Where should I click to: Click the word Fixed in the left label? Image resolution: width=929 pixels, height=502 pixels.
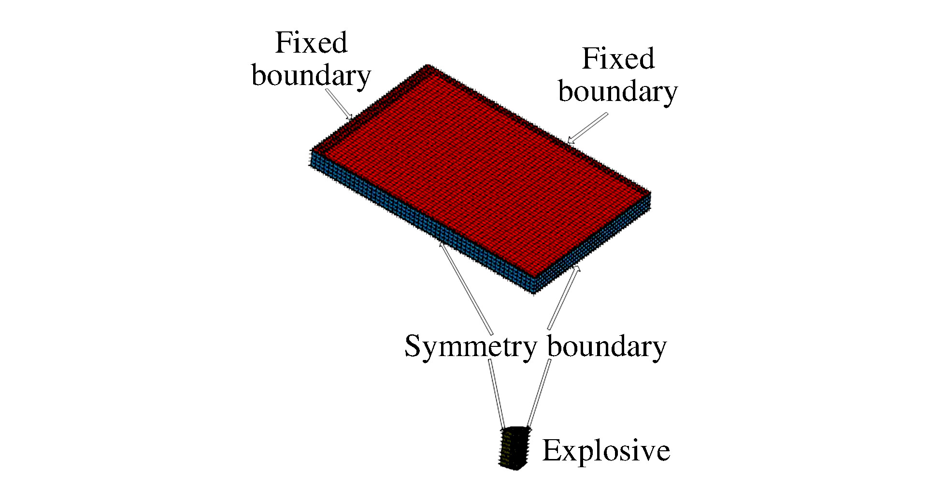311,43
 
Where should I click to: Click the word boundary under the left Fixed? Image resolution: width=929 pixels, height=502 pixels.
311,76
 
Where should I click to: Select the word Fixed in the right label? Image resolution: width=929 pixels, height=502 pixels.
618,59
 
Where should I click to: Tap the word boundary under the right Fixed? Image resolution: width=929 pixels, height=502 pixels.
618,92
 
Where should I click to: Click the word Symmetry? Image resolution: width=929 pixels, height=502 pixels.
471,347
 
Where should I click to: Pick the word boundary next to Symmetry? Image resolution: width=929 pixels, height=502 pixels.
607,347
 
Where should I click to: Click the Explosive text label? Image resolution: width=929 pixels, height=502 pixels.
606,451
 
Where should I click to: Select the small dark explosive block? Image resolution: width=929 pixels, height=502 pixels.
514,448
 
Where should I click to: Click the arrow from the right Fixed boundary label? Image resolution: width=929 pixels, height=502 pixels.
587,128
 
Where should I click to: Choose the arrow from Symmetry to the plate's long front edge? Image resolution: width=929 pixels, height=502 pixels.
465,287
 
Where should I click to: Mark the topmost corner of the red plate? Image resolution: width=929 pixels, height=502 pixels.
428,65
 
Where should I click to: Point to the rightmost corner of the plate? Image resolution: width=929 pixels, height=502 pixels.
650,193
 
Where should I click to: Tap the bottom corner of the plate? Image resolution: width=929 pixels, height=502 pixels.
533,293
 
